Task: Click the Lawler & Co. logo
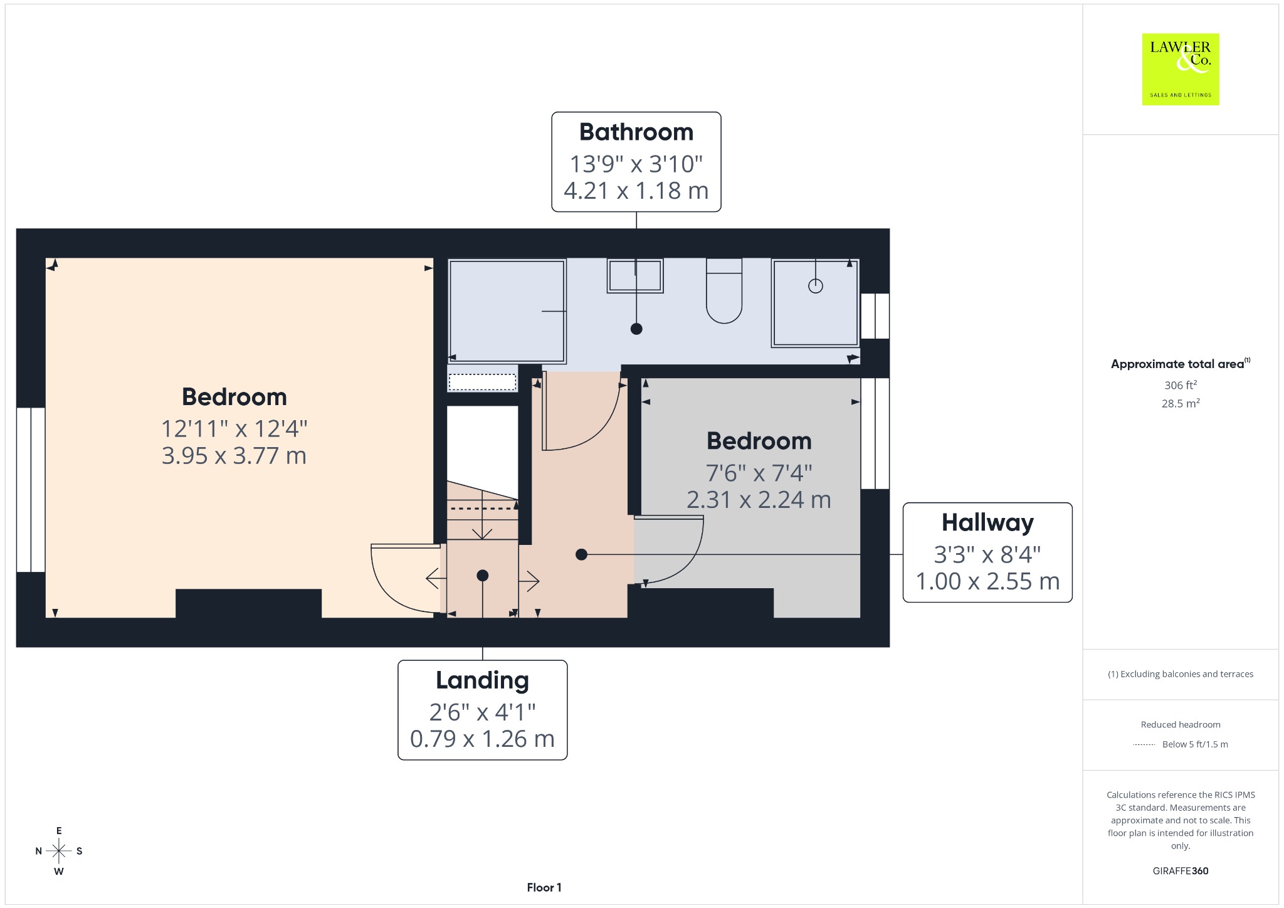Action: click(1181, 69)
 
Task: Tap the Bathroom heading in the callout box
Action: click(636, 132)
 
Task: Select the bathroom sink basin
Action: click(635, 276)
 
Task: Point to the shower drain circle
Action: click(815, 286)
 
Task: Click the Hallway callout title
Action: click(987, 523)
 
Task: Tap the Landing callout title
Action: click(482, 681)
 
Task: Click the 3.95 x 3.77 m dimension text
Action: click(234, 456)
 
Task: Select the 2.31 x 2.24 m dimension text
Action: click(759, 500)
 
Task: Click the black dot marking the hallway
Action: click(581, 554)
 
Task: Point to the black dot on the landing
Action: click(482, 575)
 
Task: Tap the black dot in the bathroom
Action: click(636, 329)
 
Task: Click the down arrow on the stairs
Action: click(481, 515)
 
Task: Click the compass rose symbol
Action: click(59, 851)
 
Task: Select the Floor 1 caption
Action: click(544, 887)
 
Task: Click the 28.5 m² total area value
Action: click(1181, 403)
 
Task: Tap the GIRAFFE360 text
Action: click(1181, 871)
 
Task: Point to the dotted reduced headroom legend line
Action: click(1144, 745)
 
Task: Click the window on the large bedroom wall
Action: click(31, 490)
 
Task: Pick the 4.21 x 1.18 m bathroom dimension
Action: click(636, 191)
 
